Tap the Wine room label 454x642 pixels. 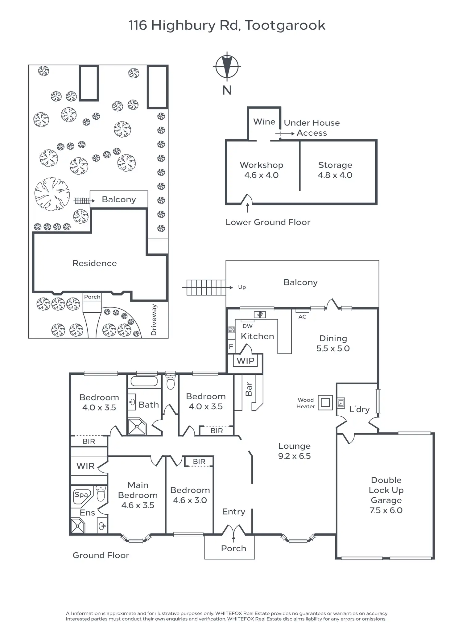tap(264, 122)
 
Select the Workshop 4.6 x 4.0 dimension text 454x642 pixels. tap(261, 175)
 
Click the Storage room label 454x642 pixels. tap(335, 165)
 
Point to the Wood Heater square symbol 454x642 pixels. tap(325, 402)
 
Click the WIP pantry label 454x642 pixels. tap(246, 361)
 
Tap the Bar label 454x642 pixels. tap(249, 389)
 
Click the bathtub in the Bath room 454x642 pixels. tap(144, 381)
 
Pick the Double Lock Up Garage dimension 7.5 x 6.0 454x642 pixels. tap(386, 510)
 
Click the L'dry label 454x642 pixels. tap(359, 409)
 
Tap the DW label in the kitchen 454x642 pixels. tap(247, 326)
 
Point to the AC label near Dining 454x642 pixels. tap(302, 317)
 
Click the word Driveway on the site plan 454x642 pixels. tap(154, 320)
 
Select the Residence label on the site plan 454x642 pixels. tap(94, 263)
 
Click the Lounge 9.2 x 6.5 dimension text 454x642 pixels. tap(294, 456)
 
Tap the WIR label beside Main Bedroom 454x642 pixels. tap(85, 466)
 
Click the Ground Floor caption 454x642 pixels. tap(101, 555)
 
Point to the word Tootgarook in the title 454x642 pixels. tap(285, 26)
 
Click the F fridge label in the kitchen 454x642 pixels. tap(231, 347)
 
